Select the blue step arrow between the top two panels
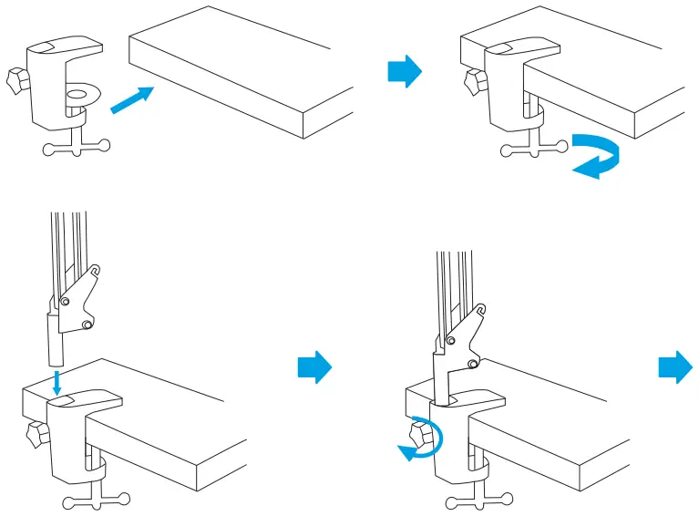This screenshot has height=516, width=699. point(405,71)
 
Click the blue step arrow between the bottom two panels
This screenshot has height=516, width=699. point(314,367)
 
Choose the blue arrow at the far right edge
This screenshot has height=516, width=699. point(675,367)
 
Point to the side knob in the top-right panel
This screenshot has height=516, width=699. point(473,81)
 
